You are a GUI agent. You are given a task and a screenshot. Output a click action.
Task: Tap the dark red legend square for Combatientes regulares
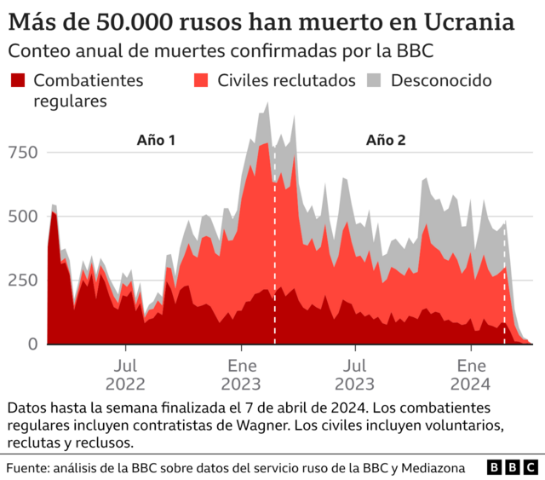coord(17,81)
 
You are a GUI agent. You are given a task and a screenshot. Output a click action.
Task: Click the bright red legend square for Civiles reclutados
coord(202,81)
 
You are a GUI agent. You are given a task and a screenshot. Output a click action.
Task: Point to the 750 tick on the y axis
coord(23,153)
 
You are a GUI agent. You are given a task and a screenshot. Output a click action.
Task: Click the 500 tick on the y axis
coord(23,217)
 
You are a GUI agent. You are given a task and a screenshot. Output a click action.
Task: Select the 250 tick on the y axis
coord(23,280)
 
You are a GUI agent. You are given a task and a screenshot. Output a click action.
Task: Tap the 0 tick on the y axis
coord(32,344)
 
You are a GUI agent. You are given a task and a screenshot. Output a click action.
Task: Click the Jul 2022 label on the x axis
coord(126,372)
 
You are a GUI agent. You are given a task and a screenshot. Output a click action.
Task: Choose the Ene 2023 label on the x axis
coord(242,372)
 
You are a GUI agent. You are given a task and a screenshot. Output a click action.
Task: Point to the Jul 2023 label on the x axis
coord(356,372)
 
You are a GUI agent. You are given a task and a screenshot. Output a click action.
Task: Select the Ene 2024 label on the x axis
coord(472,372)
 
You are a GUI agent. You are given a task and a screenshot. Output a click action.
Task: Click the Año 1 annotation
coord(156,140)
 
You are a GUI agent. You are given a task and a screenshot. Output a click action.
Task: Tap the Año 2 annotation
coord(386,140)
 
